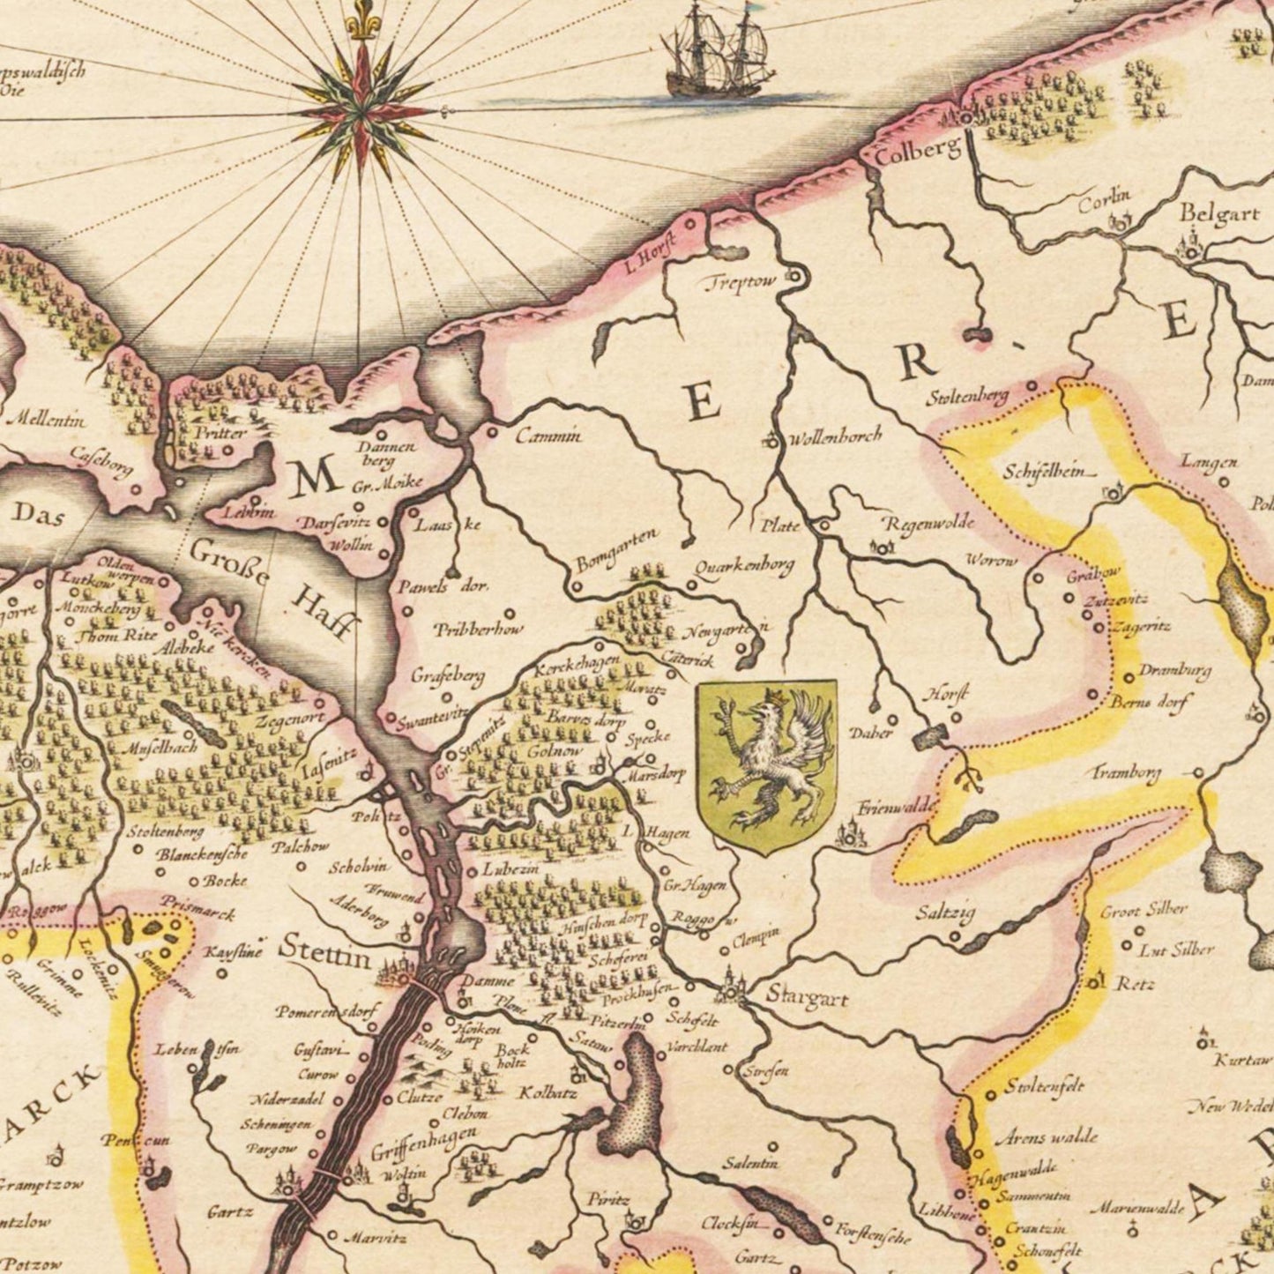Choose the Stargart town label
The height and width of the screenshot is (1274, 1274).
pyautogui.click(x=807, y=998)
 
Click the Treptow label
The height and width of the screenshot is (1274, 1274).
pyautogui.click(x=741, y=282)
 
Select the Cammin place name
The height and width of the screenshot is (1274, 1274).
pyautogui.click(x=548, y=435)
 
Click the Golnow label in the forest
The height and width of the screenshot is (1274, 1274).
pyautogui.click(x=555, y=751)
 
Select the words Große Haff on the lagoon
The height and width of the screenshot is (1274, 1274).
pyautogui.click(x=273, y=585)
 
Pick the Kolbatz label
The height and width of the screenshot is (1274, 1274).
pyautogui.click(x=547, y=1093)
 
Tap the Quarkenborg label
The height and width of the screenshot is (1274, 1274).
pyautogui.click(x=744, y=565)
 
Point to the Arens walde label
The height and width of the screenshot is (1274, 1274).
pyautogui.click(x=1047, y=1136)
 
